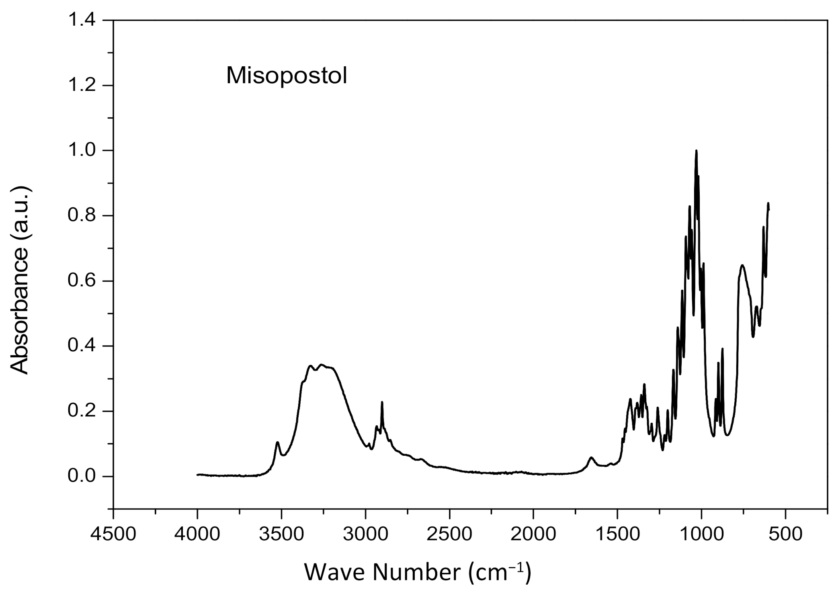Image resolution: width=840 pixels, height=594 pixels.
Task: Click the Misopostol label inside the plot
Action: pyautogui.click(x=286, y=76)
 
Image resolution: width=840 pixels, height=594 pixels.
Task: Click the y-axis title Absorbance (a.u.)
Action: pyautogui.click(x=20, y=281)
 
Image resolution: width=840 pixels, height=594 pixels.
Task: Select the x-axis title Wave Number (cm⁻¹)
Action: pyautogui.click(x=418, y=572)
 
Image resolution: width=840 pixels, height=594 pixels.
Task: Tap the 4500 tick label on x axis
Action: pyautogui.click(x=113, y=535)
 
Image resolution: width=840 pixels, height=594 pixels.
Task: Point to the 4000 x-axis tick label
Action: pyautogui.click(x=197, y=535)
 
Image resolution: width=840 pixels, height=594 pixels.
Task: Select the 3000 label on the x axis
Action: pyautogui.click(x=365, y=535)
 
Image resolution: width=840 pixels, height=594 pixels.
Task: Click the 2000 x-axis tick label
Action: pyautogui.click(x=533, y=535)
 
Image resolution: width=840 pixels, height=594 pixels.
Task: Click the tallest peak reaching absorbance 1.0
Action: pyautogui.click(x=696, y=152)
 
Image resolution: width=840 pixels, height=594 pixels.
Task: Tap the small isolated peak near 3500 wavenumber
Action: pyautogui.click(x=277, y=443)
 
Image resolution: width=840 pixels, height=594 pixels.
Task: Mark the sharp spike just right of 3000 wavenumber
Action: pyautogui.click(x=382, y=403)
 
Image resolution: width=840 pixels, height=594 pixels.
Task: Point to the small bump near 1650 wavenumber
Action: pyautogui.click(x=591, y=458)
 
